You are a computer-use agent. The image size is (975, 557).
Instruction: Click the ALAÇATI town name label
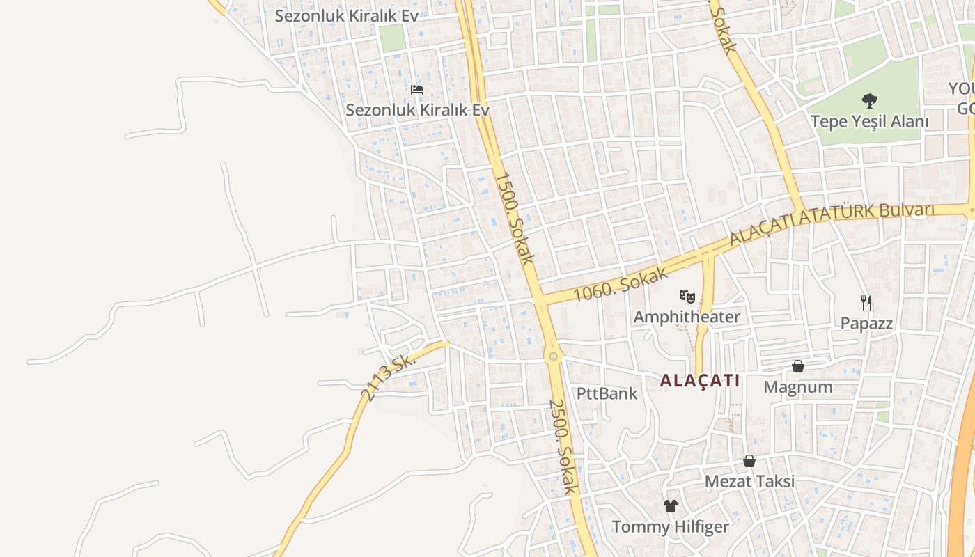(x=699, y=381)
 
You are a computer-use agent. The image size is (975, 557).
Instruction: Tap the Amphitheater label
(x=687, y=317)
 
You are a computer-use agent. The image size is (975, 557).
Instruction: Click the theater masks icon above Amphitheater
(x=687, y=297)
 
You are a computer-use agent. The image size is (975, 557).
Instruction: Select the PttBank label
(x=607, y=393)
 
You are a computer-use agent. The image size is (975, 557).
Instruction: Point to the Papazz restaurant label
(x=866, y=323)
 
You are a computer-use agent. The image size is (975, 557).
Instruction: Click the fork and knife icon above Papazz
(x=866, y=302)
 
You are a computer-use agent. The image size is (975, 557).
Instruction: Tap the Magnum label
(x=798, y=386)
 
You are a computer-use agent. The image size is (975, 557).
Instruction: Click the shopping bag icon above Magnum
(x=798, y=366)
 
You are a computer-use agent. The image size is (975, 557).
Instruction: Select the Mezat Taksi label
(x=749, y=481)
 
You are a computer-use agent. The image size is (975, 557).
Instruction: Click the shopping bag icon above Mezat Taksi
(x=749, y=461)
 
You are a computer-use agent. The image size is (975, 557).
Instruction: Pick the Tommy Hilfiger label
(x=670, y=526)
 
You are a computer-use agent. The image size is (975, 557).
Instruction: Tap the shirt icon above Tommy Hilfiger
(x=670, y=506)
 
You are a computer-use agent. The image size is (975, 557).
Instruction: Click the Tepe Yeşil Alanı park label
(x=869, y=121)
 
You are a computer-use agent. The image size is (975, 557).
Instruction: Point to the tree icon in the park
(x=869, y=100)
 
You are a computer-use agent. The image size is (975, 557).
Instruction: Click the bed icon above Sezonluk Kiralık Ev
(x=417, y=90)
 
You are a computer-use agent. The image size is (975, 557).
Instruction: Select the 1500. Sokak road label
(x=515, y=218)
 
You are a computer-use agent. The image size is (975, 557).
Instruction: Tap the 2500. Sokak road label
(x=563, y=446)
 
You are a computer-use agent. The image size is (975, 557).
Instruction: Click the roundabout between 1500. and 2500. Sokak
(x=553, y=356)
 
